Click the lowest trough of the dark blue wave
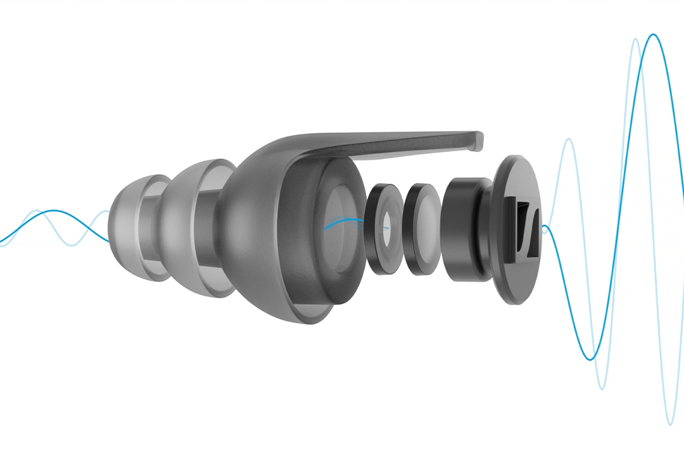pyautogui.click(x=590, y=359)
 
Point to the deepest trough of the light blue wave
pyautogui.click(x=670, y=423)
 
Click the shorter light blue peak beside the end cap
pyautogui.click(x=569, y=140)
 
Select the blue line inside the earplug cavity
pyautogui.click(x=342, y=222)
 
